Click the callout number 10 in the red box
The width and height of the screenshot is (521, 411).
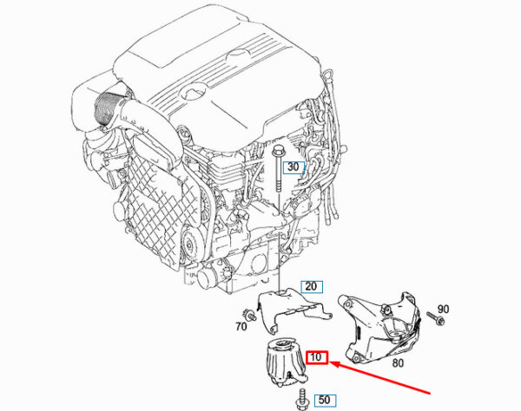click(x=316, y=357)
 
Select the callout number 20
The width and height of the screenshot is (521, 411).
click(x=311, y=286)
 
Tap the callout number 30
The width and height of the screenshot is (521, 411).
click(x=293, y=166)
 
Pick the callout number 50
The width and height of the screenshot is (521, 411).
click(x=325, y=400)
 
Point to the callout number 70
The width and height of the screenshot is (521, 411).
click(x=241, y=327)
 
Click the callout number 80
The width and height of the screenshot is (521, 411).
click(x=398, y=363)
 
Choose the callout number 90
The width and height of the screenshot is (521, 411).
click(x=443, y=310)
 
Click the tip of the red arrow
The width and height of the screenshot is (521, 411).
click(x=333, y=363)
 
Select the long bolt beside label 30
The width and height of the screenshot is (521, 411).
click(x=278, y=169)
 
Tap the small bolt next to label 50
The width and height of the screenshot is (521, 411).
click(x=301, y=398)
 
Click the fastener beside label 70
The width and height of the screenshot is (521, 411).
click(x=248, y=314)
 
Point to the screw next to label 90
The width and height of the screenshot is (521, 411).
click(x=436, y=317)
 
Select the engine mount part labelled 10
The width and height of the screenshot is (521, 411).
click(x=284, y=362)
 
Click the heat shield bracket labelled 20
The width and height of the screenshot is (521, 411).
click(x=293, y=309)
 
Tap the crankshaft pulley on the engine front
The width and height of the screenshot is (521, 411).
click(x=190, y=245)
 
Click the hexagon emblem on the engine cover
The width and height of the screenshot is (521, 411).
click(x=193, y=92)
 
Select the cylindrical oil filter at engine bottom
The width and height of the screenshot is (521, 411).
click(x=208, y=278)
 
